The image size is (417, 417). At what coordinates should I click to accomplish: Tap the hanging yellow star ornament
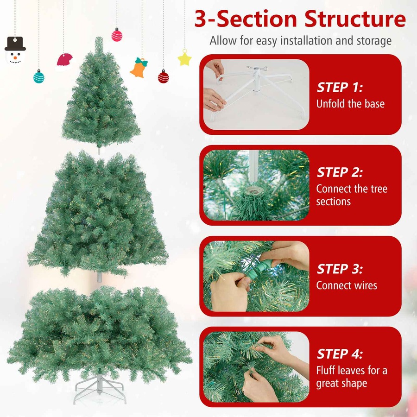pos(185,58)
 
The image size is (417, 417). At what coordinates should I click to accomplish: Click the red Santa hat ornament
pos(65,59)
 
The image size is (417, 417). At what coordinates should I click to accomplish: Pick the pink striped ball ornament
pos(117,35)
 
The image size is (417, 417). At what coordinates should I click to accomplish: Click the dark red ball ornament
pos(164,77)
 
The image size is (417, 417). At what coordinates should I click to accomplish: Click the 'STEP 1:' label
pos(340,87)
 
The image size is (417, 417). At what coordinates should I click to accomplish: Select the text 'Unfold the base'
pos(350,103)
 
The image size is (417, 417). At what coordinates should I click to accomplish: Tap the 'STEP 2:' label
pos(340,172)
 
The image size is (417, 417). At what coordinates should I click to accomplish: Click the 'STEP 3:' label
pos(340,269)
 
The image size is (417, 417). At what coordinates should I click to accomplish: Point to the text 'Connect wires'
pos(347,285)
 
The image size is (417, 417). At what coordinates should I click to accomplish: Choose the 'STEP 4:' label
pos(340,354)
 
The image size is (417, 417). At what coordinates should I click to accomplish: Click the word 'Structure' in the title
pos(355,19)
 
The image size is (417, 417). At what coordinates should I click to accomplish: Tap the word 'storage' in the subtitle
pos(373,41)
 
